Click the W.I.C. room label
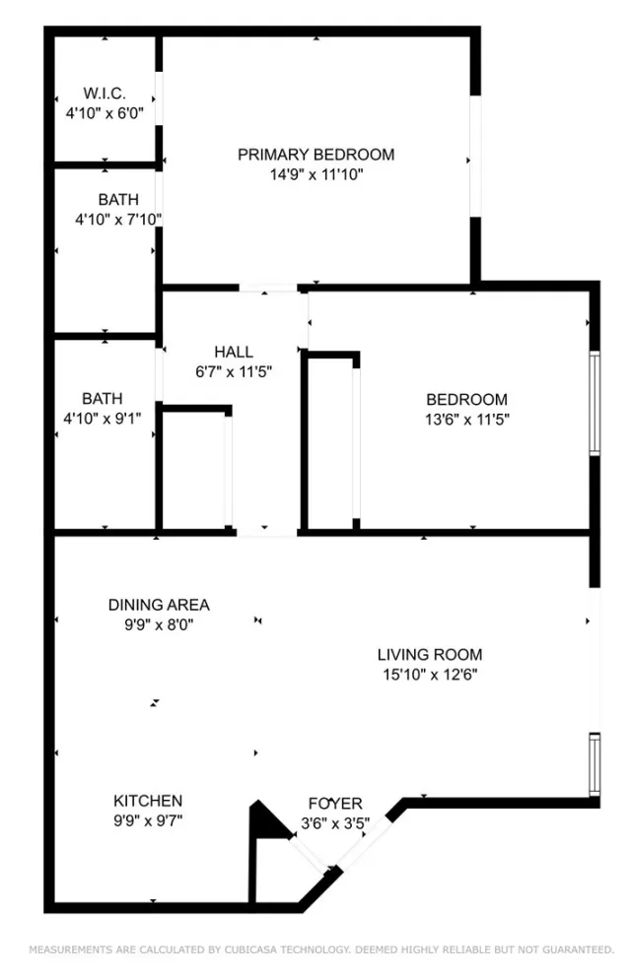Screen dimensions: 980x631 (x=104, y=93)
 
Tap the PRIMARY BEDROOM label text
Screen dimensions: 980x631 (x=315, y=155)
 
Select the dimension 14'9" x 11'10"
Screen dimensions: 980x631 (x=315, y=174)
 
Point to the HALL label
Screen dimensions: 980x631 (x=234, y=352)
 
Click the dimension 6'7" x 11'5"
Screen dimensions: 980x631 (x=234, y=371)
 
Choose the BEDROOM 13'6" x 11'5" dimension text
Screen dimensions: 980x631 (x=466, y=419)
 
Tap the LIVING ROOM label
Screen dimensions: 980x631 (x=430, y=654)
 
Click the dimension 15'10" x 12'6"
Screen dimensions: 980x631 (x=430, y=675)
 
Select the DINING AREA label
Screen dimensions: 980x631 (x=159, y=605)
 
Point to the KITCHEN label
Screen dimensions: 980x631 (x=148, y=801)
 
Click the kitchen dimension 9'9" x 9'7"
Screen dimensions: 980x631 (x=148, y=820)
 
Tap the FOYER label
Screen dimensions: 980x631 (x=335, y=804)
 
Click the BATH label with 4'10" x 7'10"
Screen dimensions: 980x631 (x=118, y=199)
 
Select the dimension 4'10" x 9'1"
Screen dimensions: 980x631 (x=103, y=419)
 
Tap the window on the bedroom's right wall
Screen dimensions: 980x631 (x=595, y=403)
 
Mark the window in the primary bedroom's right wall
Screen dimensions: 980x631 (x=475, y=156)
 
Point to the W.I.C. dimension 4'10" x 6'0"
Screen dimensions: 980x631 (x=104, y=112)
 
